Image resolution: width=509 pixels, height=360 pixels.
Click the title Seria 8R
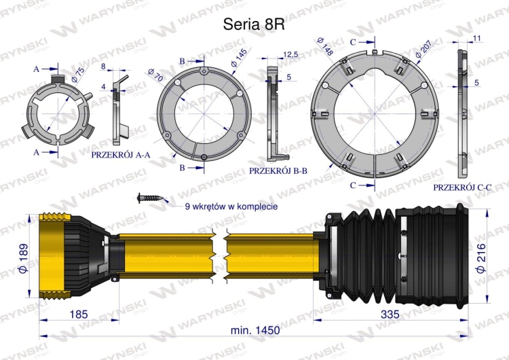tap(254, 24)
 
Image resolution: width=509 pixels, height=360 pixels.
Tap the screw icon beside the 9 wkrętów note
tap(150, 198)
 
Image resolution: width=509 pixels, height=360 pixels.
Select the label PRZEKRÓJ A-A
tap(121, 155)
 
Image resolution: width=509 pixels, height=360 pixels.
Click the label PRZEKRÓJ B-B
tap(278, 171)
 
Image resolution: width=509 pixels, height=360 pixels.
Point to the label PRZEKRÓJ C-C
tap(463, 187)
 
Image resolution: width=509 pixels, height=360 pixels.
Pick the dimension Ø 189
tap(23, 258)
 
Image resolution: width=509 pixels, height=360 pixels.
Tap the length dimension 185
tap(79, 314)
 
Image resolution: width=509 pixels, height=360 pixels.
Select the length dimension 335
tap(390, 314)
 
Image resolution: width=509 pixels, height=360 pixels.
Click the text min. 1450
tap(254, 330)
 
